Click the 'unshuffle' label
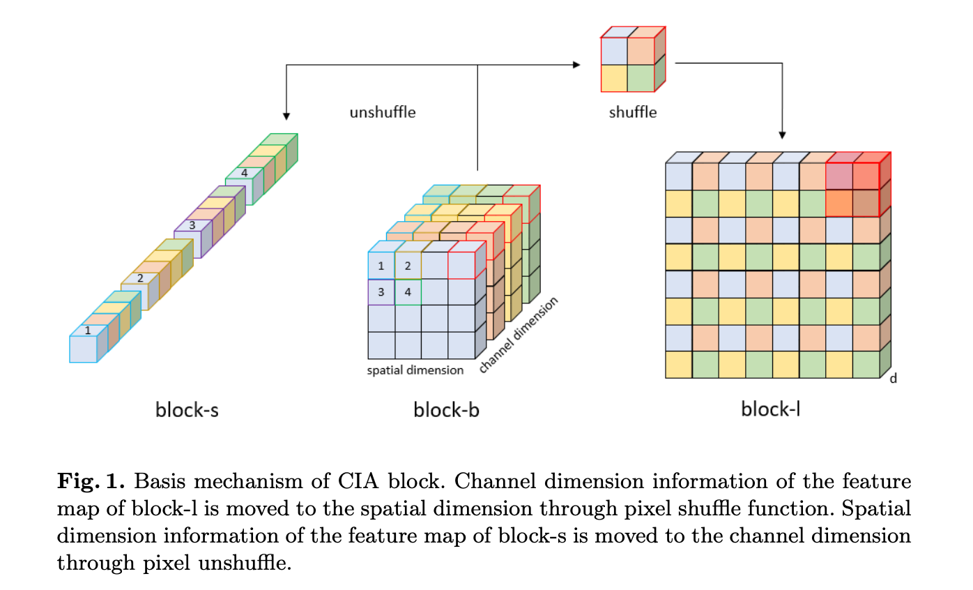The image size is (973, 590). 382,112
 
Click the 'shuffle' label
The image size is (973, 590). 632,112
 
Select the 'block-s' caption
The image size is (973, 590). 187,410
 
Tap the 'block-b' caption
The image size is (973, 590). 446,410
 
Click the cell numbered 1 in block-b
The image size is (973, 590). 381,266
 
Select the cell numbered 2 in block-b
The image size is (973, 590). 408,266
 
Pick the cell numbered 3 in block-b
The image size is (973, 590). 381,292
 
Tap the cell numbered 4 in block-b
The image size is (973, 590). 408,292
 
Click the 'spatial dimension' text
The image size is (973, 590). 415,370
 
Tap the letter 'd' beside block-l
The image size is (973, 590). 893,378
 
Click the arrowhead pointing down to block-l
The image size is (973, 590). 783,134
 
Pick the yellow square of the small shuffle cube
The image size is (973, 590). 613,78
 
